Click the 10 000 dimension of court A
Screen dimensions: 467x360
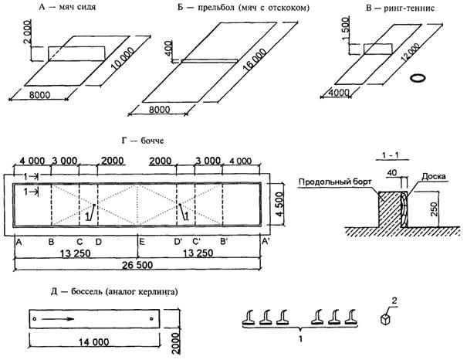tap(123, 59)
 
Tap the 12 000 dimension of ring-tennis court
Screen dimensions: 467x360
tap(411, 53)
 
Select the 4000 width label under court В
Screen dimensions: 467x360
tap(339, 93)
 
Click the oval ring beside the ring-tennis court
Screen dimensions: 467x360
tap(418, 77)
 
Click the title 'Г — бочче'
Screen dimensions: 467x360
tap(143, 141)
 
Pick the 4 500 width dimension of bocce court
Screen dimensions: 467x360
tap(279, 205)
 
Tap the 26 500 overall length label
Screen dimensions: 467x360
tap(137, 265)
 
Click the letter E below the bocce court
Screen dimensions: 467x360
tap(142, 242)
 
